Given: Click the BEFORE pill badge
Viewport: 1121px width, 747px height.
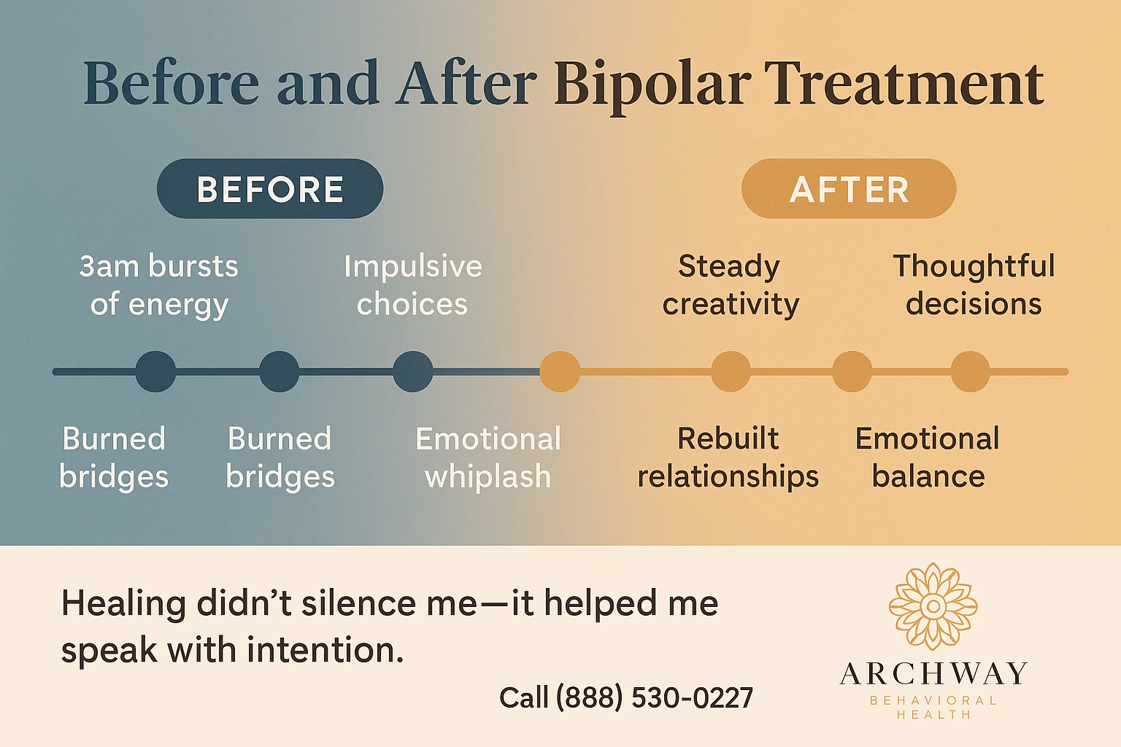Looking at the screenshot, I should pos(270,189).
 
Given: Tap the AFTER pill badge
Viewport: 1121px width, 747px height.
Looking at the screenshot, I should pos(849,189).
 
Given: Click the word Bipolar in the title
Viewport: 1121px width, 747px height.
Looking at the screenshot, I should pos(652,84).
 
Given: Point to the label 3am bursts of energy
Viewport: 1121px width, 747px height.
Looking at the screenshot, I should pos(159,285).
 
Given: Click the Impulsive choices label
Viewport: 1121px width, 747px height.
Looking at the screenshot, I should pos(413,285).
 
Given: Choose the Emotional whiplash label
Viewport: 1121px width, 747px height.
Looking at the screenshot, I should pos(488,457).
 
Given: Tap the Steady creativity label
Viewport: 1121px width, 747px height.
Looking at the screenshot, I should pos(730,285).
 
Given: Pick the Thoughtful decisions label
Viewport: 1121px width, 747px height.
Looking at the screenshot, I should pos(974,285).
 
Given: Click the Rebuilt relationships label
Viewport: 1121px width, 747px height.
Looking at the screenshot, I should pos(728,457).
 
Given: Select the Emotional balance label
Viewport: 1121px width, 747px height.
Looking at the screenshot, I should pos(928,457).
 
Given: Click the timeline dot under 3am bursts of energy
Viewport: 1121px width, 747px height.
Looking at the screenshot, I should pos(155,371).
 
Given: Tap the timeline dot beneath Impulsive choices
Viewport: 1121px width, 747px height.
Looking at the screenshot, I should pos(413,371).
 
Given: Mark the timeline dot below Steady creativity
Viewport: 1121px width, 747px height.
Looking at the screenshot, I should pos(731,371).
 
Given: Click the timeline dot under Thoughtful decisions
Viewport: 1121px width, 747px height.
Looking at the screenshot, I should pos(970,371).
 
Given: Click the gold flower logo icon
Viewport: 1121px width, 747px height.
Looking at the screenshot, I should pos(933,606).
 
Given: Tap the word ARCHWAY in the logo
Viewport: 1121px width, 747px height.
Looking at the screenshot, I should pos(933,673).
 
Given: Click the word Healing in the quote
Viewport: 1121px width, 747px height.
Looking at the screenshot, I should pos(123,604).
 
